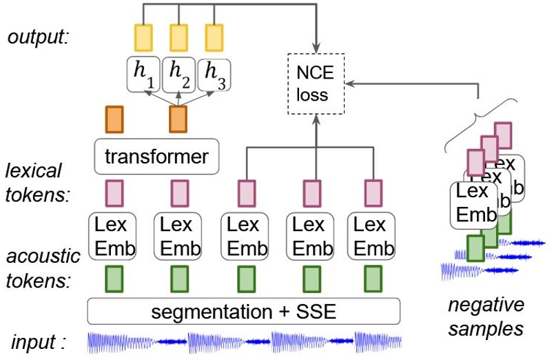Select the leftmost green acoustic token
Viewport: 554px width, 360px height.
114,279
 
